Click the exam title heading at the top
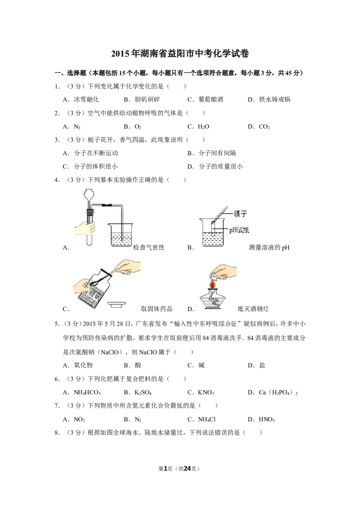[x=180, y=53]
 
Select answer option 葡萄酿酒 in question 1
[x=211, y=99]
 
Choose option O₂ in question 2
[x=138, y=127]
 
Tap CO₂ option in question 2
[x=264, y=127]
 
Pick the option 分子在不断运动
[x=96, y=153]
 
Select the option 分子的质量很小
[x=220, y=166]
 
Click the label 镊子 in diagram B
[x=240, y=214]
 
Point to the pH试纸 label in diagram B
[x=239, y=230]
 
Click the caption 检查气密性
[x=149, y=247]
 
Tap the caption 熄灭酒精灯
[x=253, y=309]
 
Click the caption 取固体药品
[x=157, y=309]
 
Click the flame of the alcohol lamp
[x=213, y=284]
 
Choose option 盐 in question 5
[x=262, y=365]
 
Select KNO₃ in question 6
[x=206, y=393]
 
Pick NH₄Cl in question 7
[x=207, y=420]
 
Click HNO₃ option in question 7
[x=267, y=420]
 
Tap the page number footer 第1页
[x=166, y=469]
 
